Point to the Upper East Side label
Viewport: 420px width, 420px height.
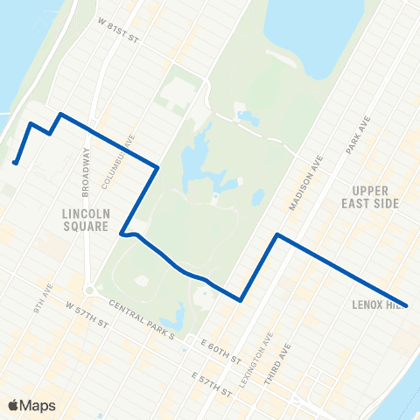click(374, 196)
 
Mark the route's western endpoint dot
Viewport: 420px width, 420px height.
click(16, 162)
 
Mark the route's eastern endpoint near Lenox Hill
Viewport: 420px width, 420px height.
click(407, 305)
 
